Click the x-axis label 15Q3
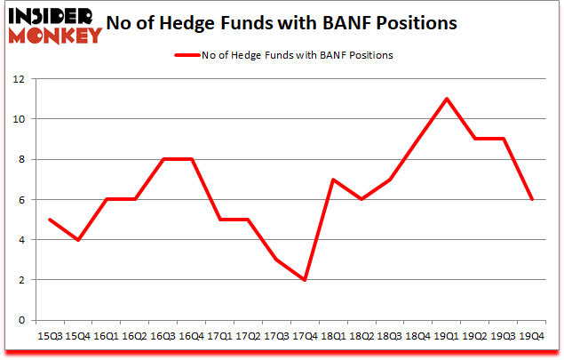(49, 336)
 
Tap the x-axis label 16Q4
(191, 336)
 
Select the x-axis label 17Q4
(305, 336)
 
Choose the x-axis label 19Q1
(446, 336)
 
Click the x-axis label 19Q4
(531, 336)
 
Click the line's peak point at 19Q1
(446, 99)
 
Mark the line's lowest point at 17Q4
(305, 280)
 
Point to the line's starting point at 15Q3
(49, 220)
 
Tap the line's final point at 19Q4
(531, 199)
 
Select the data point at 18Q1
(333, 180)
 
